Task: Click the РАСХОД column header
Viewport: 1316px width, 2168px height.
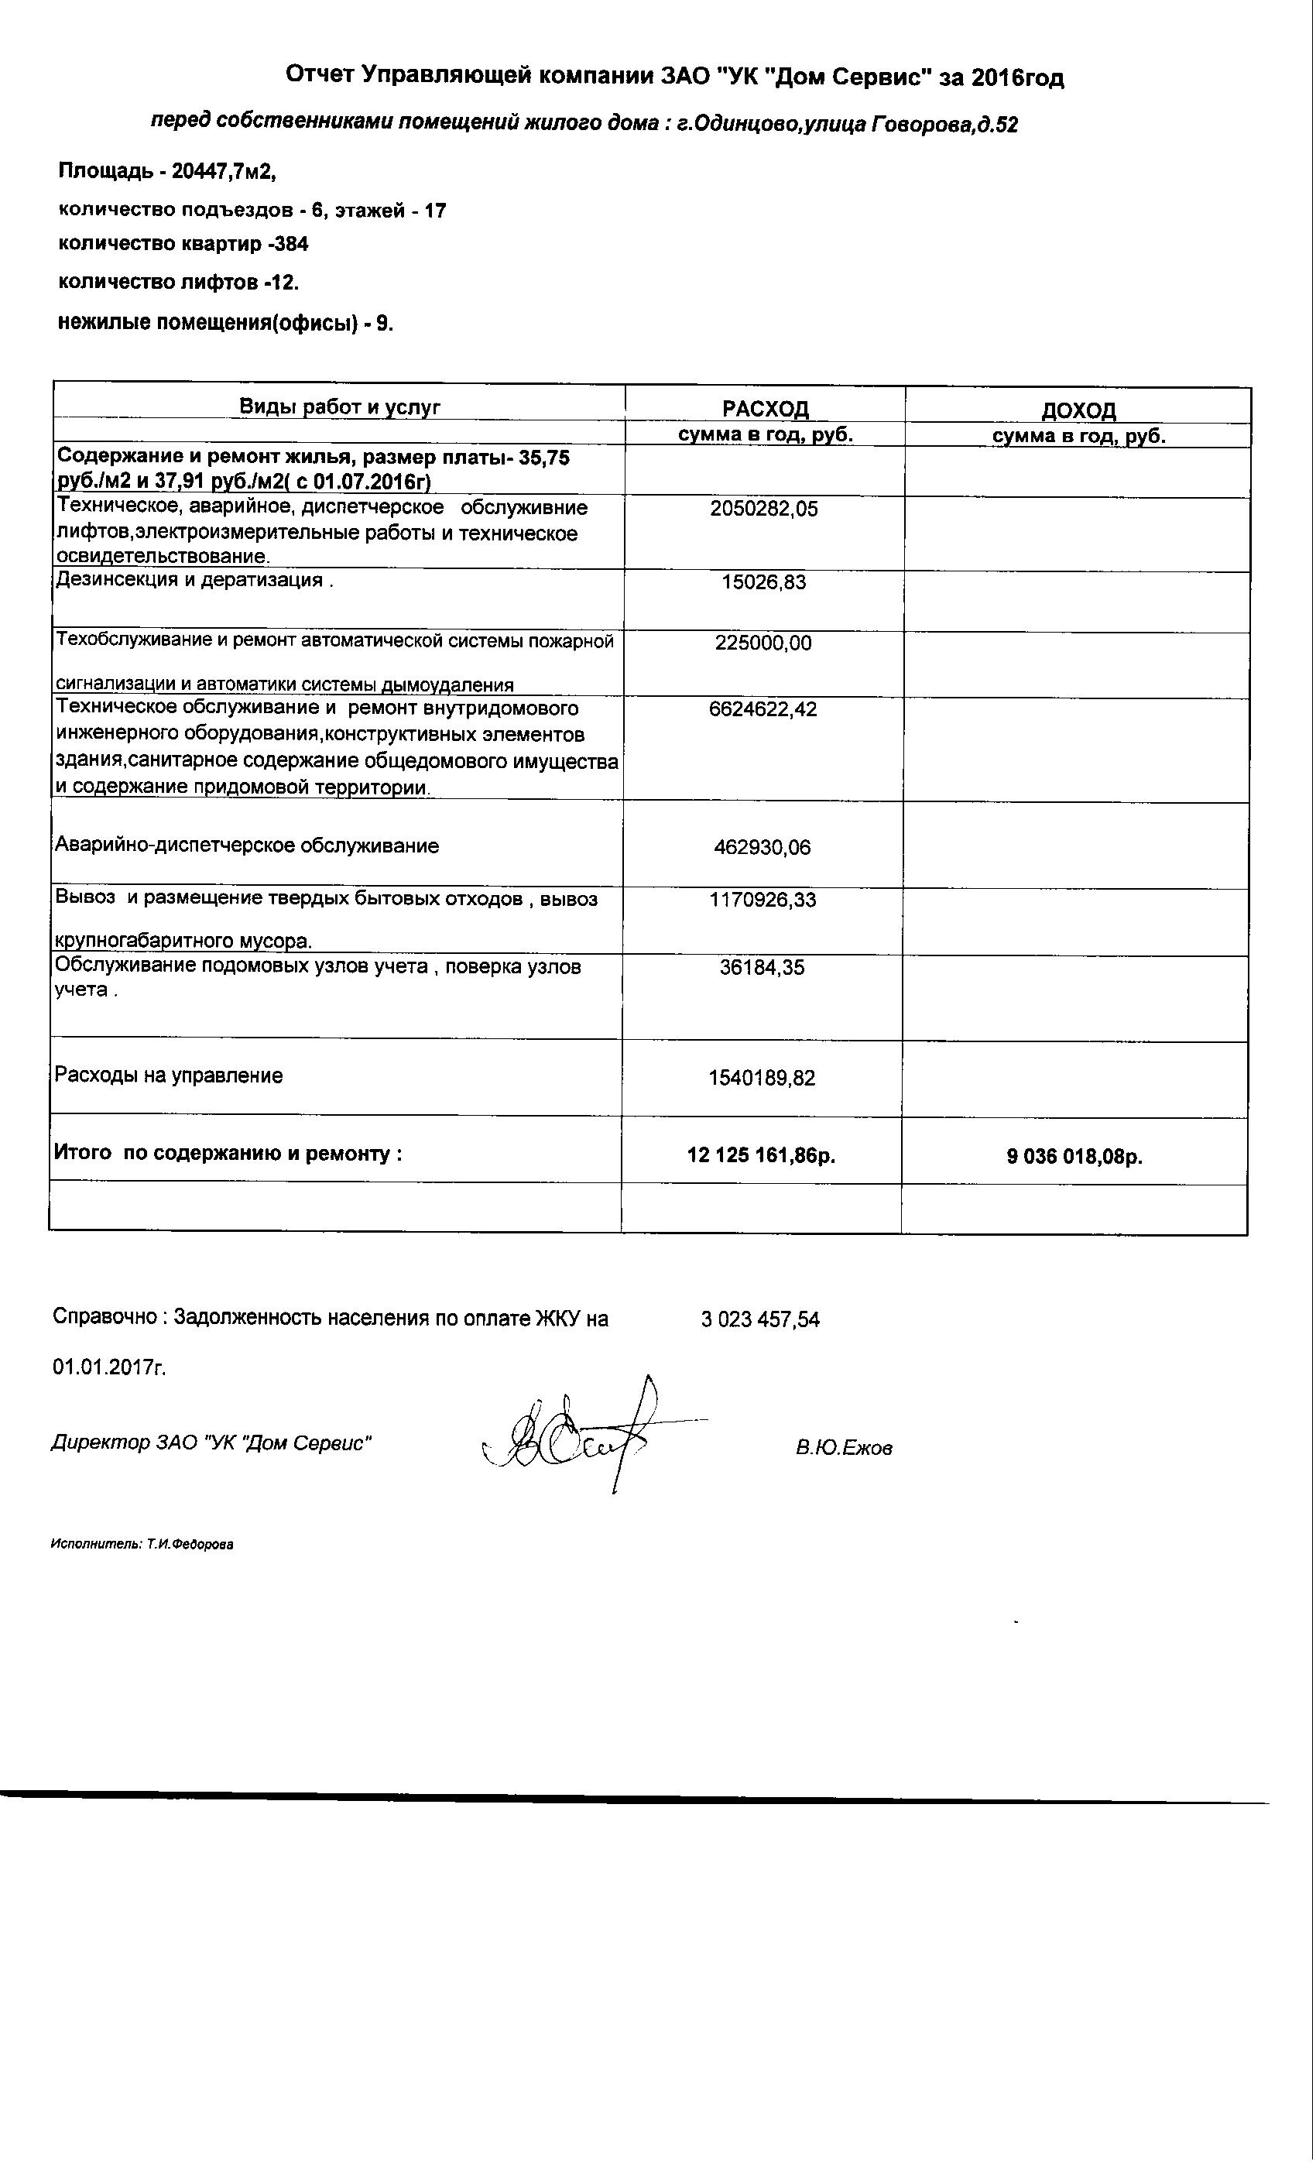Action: pyautogui.click(x=766, y=409)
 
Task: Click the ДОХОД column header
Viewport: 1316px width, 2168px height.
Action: pyautogui.click(x=1078, y=410)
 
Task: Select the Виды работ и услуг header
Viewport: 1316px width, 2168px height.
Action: pyautogui.click(x=341, y=406)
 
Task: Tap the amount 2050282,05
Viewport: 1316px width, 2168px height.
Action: pyautogui.click(x=763, y=509)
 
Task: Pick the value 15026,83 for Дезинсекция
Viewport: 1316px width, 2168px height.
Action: pyautogui.click(x=763, y=582)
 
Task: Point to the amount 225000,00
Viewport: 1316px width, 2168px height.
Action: pyautogui.click(x=763, y=643)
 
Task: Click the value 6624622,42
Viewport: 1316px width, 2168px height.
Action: pyautogui.click(x=763, y=709)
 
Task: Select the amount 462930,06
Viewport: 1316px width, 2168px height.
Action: pyautogui.click(x=763, y=848)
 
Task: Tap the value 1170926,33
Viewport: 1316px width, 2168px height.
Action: pyautogui.click(x=763, y=900)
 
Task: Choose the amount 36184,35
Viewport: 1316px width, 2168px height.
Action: pyautogui.click(x=763, y=968)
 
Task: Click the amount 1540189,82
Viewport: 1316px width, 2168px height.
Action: pyautogui.click(x=762, y=1078)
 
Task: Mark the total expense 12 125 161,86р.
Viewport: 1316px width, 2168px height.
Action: pyautogui.click(x=761, y=1155)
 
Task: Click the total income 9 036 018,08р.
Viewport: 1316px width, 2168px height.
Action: pyautogui.click(x=1075, y=1156)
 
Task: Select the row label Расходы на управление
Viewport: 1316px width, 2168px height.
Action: pyautogui.click(x=169, y=1075)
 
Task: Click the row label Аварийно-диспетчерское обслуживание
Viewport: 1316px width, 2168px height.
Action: pyautogui.click(x=247, y=846)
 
